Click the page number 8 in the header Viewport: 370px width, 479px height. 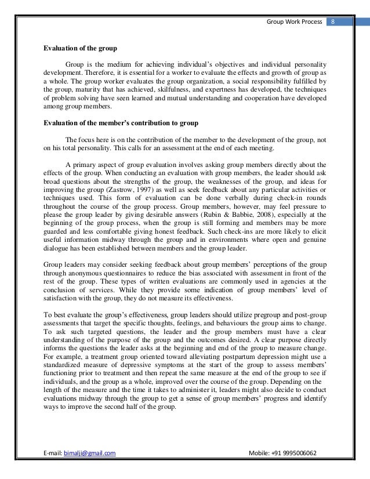333,22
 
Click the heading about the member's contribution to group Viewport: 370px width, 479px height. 121,123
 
